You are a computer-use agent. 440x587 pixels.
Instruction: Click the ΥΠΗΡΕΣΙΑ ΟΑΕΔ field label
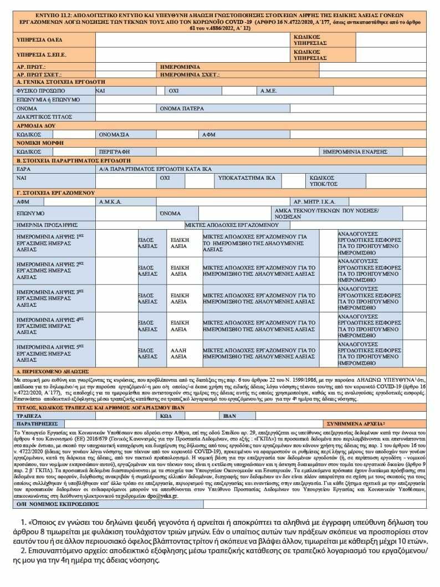click(39, 40)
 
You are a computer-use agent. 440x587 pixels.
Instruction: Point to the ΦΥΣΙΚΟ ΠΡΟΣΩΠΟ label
click(40, 90)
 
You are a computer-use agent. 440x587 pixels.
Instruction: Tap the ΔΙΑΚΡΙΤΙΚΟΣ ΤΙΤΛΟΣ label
click(44, 117)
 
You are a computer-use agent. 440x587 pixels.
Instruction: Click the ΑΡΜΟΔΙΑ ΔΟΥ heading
click(36, 126)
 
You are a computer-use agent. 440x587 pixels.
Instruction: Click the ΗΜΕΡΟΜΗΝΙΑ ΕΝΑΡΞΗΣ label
click(362, 151)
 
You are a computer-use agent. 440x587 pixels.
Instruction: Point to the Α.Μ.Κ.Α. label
click(110, 201)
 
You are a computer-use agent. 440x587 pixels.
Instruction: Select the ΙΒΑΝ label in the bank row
click(229, 415)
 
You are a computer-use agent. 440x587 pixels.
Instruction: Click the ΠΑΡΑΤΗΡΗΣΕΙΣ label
click(37, 423)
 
